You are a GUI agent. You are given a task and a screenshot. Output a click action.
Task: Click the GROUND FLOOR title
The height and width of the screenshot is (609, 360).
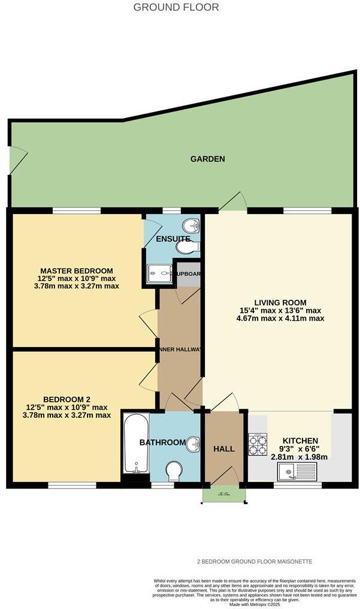[176, 7]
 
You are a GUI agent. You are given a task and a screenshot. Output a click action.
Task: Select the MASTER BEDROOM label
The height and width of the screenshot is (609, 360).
[76, 270]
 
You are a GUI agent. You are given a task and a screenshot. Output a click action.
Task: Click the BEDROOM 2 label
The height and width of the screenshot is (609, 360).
[66, 399]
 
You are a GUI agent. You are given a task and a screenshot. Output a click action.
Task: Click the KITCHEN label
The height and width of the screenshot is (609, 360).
[296, 440]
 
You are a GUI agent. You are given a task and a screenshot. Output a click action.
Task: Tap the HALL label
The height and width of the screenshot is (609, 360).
[224, 448]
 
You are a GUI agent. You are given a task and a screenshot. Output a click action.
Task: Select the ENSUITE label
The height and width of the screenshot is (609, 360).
[173, 239]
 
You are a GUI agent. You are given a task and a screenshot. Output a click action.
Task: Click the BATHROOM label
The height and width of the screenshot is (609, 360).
[162, 442]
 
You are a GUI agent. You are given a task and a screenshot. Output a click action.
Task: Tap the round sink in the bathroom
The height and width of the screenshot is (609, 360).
[193, 444]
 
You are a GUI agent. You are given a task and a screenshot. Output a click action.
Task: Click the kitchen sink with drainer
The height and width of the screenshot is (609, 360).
[298, 472]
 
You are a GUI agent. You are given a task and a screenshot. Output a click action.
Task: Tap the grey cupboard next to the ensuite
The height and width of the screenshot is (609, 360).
[186, 273]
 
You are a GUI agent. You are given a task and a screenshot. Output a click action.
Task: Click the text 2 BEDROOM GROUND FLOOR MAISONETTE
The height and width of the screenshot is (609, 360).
[255, 562]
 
